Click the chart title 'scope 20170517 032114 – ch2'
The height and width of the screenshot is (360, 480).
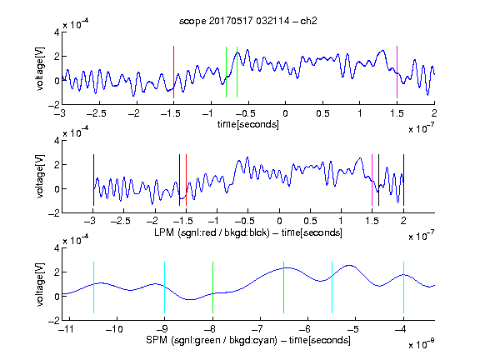coord(248,21)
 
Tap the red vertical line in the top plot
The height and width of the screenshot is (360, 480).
coord(173,72)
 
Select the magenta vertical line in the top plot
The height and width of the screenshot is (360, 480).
coord(397,72)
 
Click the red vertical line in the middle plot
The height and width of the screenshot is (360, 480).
coord(186,180)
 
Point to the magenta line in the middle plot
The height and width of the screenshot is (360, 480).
coord(372,180)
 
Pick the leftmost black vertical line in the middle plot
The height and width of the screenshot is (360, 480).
coord(93,180)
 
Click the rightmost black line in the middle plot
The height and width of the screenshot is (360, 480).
coord(403,180)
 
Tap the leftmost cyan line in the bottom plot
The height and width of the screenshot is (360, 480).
coord(93,287)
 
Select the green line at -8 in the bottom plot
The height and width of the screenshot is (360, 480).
coord(212,287)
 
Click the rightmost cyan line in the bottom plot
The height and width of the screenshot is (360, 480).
coord(403,287)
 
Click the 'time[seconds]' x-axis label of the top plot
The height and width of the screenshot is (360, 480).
coord(248,124)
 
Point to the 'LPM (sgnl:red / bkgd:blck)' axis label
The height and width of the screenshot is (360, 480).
coord(212,232)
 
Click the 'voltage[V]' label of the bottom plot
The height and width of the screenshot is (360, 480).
coord(40,284)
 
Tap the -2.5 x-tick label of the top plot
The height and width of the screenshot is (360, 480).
coord(96,113)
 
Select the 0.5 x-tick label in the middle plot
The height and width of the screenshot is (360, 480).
coord(310,221)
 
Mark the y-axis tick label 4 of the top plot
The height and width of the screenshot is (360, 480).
coord(57,32)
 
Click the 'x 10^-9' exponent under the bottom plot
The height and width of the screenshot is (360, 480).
coord(422,344)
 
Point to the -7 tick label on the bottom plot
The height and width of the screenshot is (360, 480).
coord(257,329)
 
